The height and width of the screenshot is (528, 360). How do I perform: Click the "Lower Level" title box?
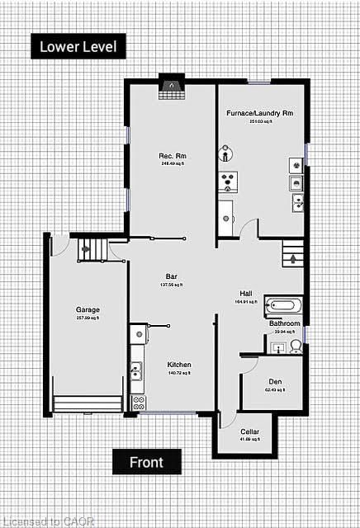(79, 46)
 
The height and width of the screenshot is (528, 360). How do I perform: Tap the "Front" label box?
(146, 462)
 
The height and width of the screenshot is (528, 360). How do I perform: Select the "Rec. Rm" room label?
(171, 156)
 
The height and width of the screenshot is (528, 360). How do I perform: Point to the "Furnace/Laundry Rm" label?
(260, 112)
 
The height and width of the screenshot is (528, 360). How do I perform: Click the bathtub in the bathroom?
(284, 305)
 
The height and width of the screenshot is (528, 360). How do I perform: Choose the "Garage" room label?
(88, 310)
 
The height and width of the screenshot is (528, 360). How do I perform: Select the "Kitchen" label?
(179, 365)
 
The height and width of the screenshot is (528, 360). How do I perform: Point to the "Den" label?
(276, 381)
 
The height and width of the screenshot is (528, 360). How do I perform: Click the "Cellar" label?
(249, 431)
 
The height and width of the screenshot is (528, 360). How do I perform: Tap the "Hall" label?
(246, 294)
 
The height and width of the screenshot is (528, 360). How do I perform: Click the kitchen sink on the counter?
(135, 371)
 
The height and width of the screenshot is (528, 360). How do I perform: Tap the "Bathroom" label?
(284, 323)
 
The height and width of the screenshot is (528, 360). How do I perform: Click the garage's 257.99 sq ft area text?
(88, 318)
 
